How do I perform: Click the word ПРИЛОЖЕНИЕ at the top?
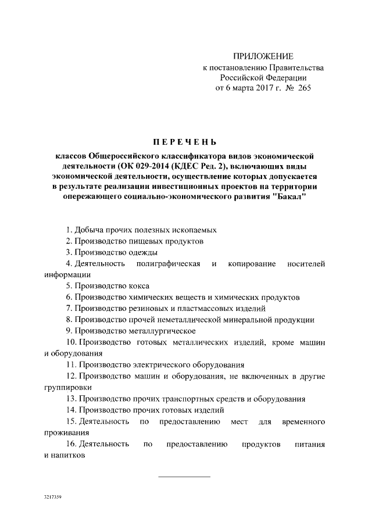tap(263, 56)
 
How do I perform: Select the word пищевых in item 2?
tap(153, 241)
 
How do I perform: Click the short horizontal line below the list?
tap(184, 477)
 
